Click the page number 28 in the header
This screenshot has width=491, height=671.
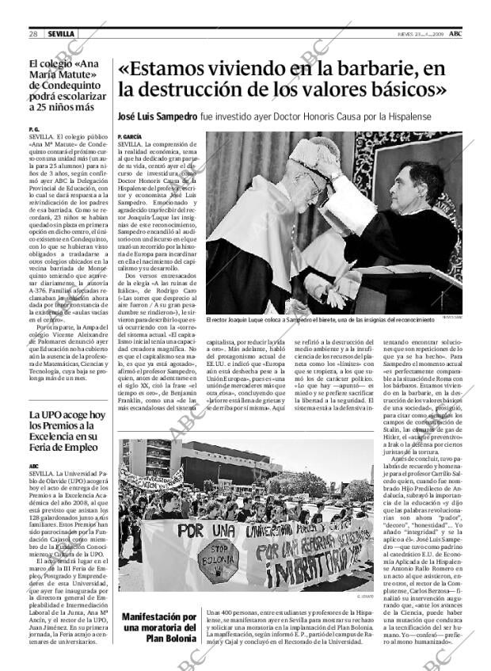[x=33, y=34]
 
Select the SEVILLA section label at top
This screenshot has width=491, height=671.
[x=60, y=34]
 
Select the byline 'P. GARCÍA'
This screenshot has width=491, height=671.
[x=129, y=137]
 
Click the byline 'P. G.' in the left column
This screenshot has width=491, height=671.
[x=33, y=128]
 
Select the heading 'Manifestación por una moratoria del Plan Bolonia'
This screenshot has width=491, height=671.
[x=159, y=627]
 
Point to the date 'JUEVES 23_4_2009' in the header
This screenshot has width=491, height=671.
[x=420, y=34]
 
